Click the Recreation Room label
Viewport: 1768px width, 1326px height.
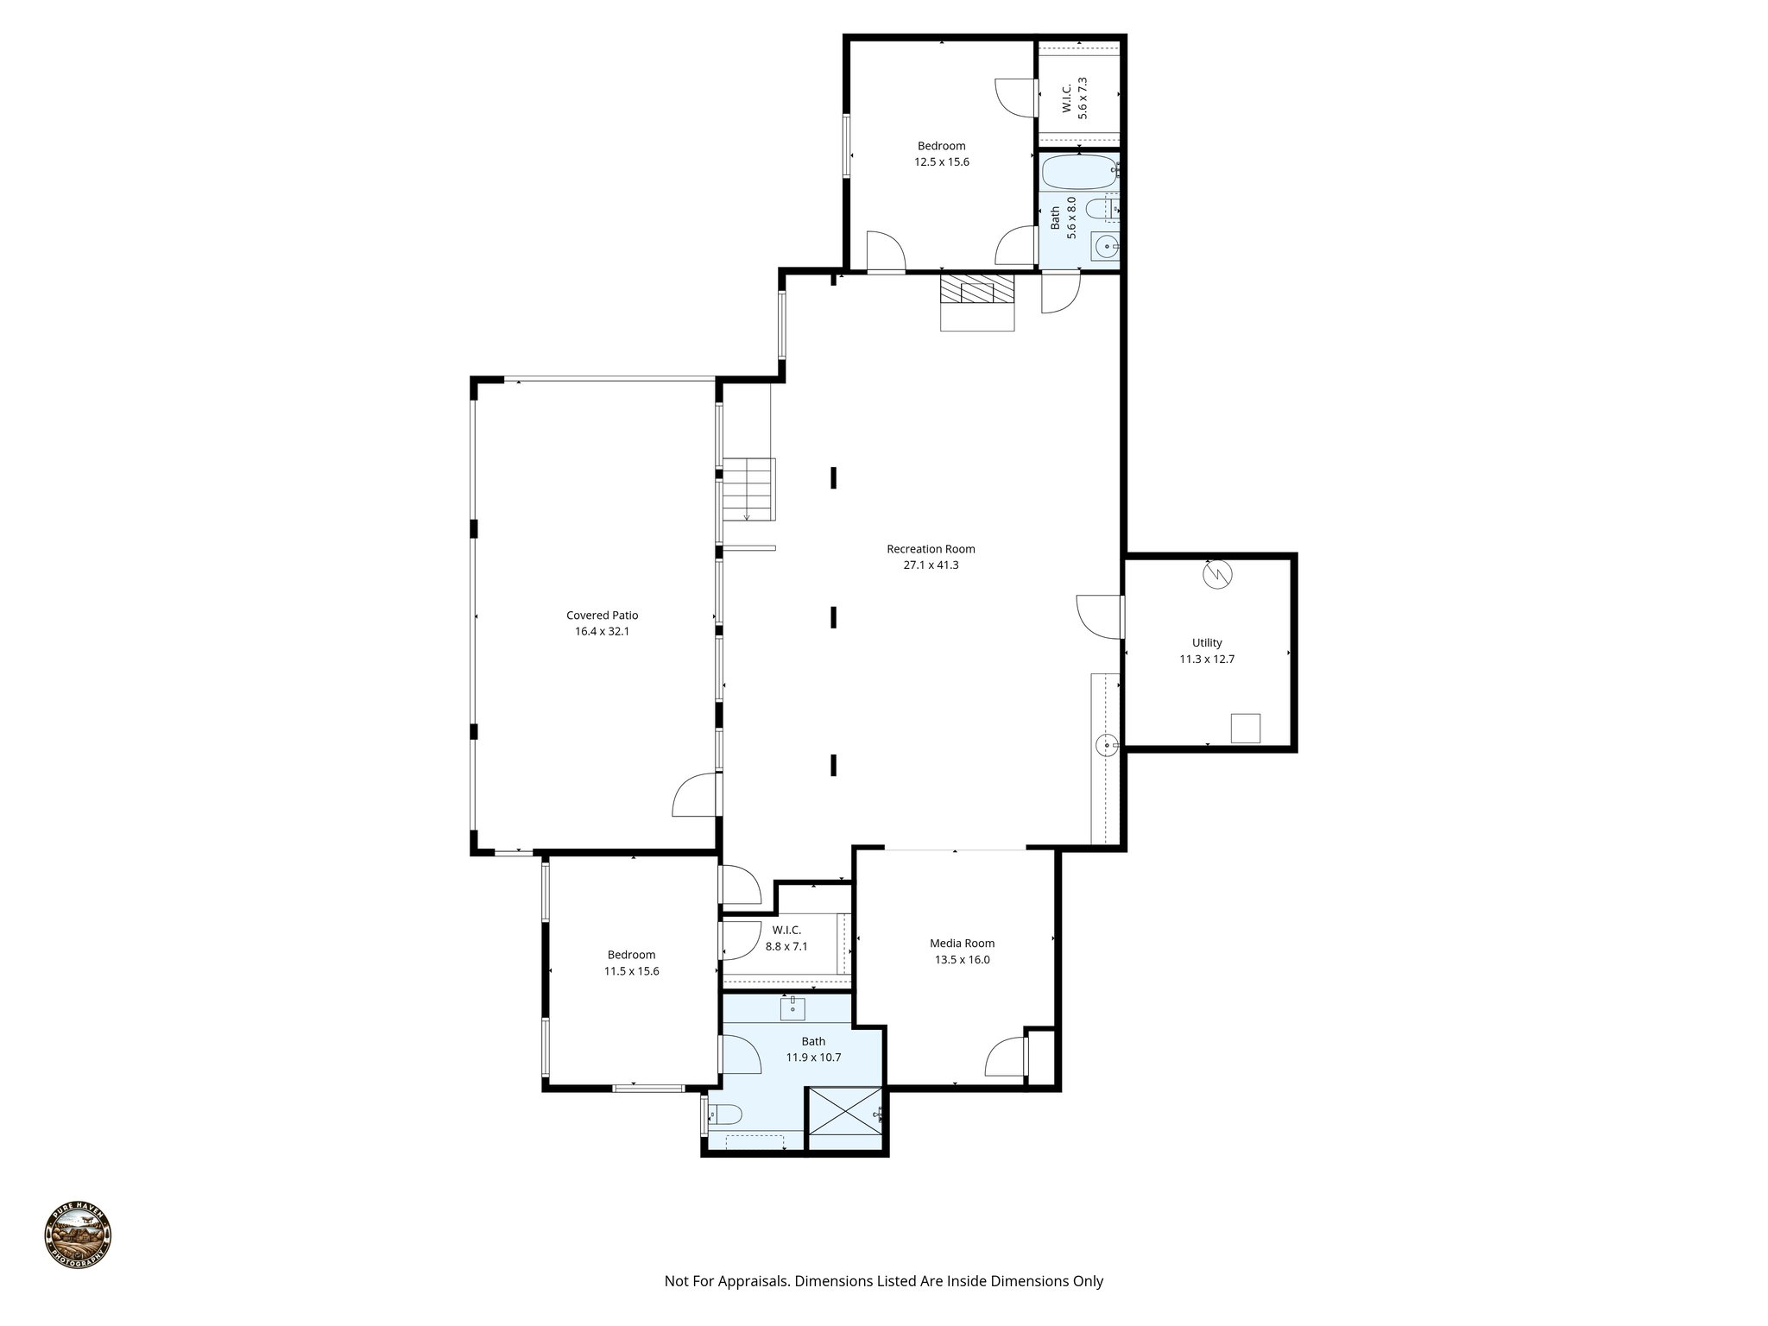(931, 549)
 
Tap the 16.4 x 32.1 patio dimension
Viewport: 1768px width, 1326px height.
(602, 632)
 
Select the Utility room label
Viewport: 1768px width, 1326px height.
(1207, 643)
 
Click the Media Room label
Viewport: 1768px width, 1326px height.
(962, 944)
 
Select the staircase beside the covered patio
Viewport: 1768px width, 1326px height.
(748, 489)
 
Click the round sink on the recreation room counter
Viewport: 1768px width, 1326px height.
(1106, 744)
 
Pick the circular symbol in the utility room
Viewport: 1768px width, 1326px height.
(1219, 574)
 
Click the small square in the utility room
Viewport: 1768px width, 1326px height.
(1245, 728)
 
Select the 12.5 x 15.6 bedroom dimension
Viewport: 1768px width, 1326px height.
(942, 162)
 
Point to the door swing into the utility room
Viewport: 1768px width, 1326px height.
(1098, 616)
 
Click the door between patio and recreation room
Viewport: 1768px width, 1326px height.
(697, 794)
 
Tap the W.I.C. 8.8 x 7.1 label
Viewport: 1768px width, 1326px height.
(786, 938)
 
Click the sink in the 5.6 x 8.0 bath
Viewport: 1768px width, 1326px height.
(1104, 248)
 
